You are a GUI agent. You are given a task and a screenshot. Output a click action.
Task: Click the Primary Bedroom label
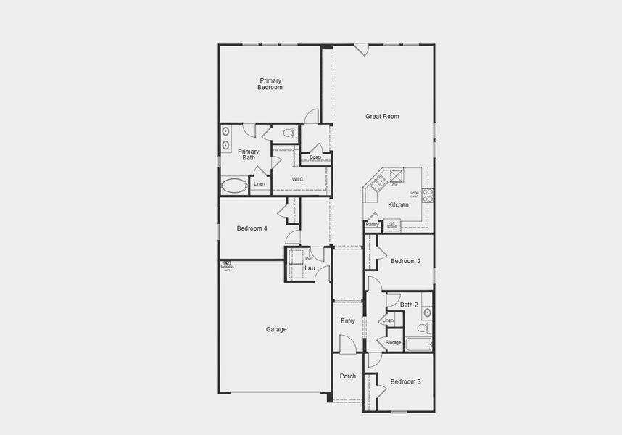270,84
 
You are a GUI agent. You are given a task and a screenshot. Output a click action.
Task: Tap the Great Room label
382,116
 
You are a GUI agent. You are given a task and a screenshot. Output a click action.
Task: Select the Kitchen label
398,205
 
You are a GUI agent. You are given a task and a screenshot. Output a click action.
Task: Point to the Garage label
276,329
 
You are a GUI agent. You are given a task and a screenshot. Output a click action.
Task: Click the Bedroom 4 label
252,228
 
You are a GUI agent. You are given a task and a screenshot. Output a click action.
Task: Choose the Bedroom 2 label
405,261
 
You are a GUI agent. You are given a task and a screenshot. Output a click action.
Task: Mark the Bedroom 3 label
405,381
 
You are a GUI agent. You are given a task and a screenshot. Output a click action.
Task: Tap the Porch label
348,376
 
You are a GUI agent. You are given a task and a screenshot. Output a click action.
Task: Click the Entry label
348,320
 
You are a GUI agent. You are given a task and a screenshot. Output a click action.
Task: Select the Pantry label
373,225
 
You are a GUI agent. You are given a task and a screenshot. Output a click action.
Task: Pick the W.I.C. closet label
299,179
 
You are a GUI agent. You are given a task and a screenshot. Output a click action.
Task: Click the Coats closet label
315,157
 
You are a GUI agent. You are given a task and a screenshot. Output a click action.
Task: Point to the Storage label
393,343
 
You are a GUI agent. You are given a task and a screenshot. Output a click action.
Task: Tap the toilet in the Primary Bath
289,133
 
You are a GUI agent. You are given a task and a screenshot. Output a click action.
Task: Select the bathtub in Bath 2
418,344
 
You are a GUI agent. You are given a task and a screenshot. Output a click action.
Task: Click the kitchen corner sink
377,183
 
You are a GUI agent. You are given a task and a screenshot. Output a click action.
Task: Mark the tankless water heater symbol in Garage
227,263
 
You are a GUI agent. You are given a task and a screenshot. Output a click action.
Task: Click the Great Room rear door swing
362,51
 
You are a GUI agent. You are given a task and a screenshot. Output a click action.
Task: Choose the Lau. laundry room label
310,268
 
